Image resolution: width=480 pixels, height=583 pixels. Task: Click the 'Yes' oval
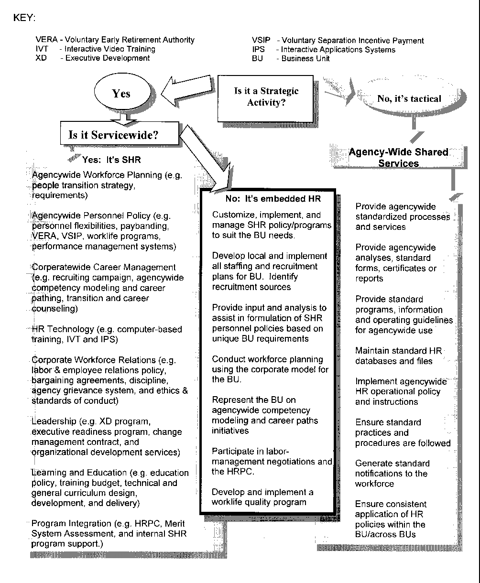coord(121,94)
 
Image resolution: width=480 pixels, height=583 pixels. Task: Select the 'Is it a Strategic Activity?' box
coord(266,97)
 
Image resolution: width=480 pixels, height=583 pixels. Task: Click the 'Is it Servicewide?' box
coord(114,135)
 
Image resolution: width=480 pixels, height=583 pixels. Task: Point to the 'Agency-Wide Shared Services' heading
coord(398,158)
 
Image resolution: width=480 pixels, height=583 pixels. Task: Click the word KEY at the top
coord(25,18)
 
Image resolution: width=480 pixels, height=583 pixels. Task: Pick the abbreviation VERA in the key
coord(46,40)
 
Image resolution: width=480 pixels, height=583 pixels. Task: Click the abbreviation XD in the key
coord(41,58)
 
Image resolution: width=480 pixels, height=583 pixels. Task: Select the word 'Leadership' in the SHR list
coord(54,421)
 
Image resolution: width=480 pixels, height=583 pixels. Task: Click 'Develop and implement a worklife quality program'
coord(262,497)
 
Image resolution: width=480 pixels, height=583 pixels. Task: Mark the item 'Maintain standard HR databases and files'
coord(398,356)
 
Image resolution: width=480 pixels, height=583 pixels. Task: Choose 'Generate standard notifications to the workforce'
coord(392,474)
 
